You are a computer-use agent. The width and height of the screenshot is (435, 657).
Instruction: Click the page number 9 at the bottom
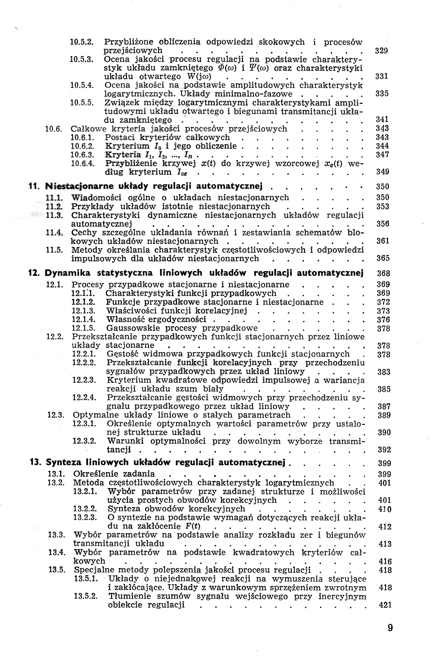pos(390,628)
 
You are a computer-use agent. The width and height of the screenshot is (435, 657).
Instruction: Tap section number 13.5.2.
pos(86,596)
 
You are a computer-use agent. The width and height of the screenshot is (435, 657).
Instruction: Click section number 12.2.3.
pos(84,380)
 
